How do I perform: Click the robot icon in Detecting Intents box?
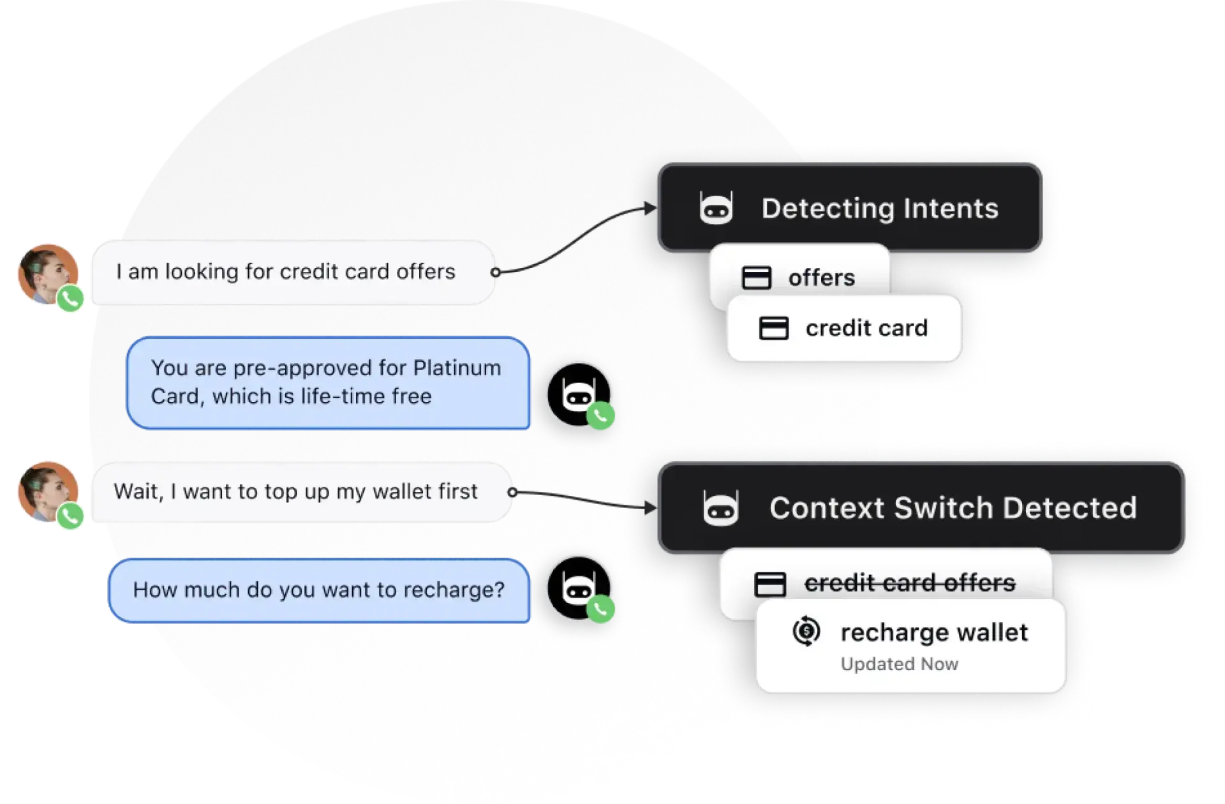[x=716, y=208]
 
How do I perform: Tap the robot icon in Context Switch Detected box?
[x=720, y=508]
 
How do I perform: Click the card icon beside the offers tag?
[x=756, y=278]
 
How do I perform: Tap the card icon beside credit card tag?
[x=773, y=328]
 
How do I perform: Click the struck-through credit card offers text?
[x=909, y=583]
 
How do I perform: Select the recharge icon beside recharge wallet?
[x=806, y=632]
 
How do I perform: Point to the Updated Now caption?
[x=899, y=664]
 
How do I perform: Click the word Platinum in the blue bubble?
[x=457, y=368]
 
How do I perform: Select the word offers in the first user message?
[x=426, y=272]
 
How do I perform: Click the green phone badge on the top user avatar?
[x=70, y=298]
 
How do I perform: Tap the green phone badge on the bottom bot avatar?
[x=600, y=609]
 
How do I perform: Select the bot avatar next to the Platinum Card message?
[x=577, y=394]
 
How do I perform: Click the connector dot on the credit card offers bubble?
[x=495, y=272]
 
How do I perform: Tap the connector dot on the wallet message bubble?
[x=512, y=492]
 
